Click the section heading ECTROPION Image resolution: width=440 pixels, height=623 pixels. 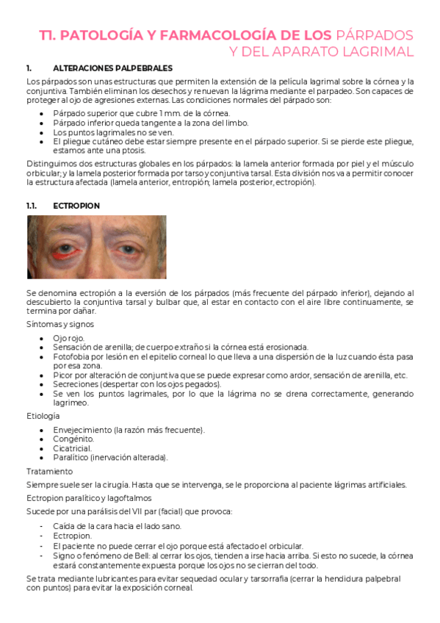[x=76, y=206]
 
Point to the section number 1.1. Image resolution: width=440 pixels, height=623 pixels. [x=32, y=206]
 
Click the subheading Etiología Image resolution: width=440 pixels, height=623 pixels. [x=43, y=416]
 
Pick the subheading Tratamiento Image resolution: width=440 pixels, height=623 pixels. [x=49, y=471]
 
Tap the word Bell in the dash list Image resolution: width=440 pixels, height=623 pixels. [x=125, y=555]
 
